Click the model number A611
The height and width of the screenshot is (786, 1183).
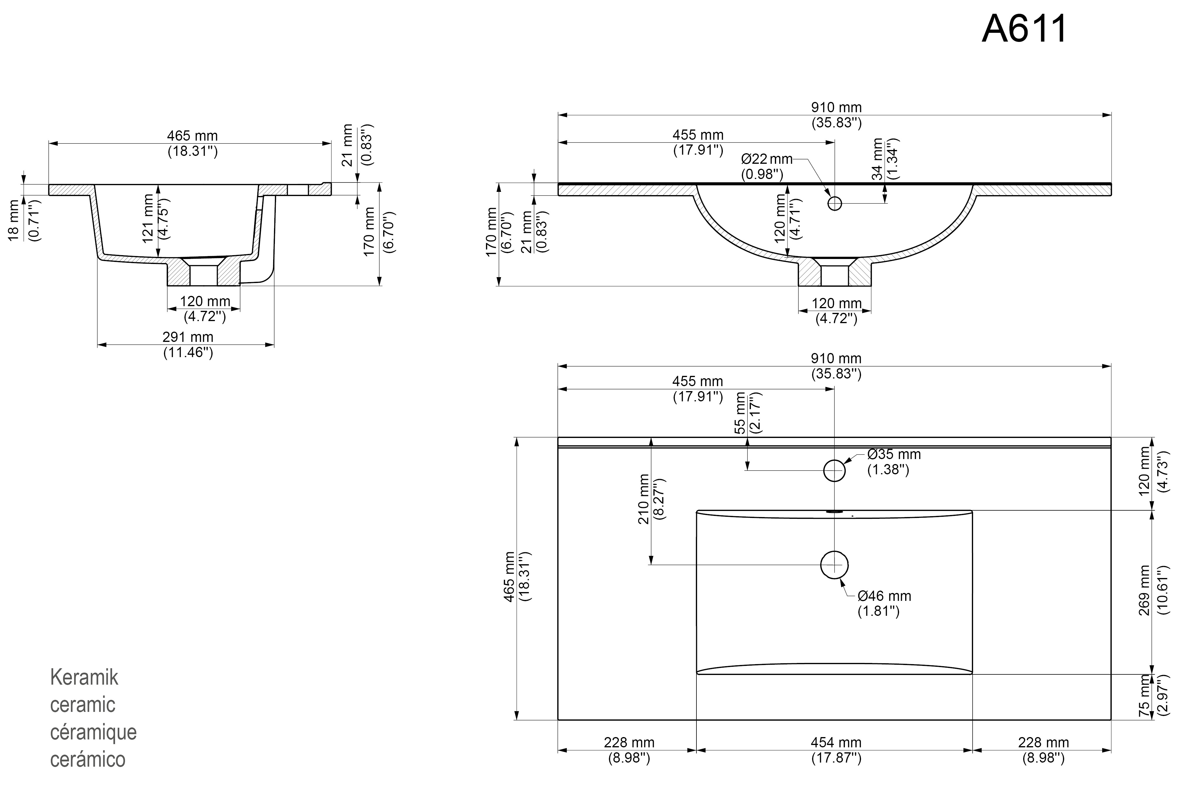point(1025,29)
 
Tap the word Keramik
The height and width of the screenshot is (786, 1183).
point(84,677)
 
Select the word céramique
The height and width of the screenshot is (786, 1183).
point(93,732)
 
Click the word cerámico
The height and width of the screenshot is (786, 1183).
point(88,759)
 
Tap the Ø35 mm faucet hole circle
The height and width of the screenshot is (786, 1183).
point(834,470)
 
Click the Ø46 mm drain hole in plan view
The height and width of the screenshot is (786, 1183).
point(834,565)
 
